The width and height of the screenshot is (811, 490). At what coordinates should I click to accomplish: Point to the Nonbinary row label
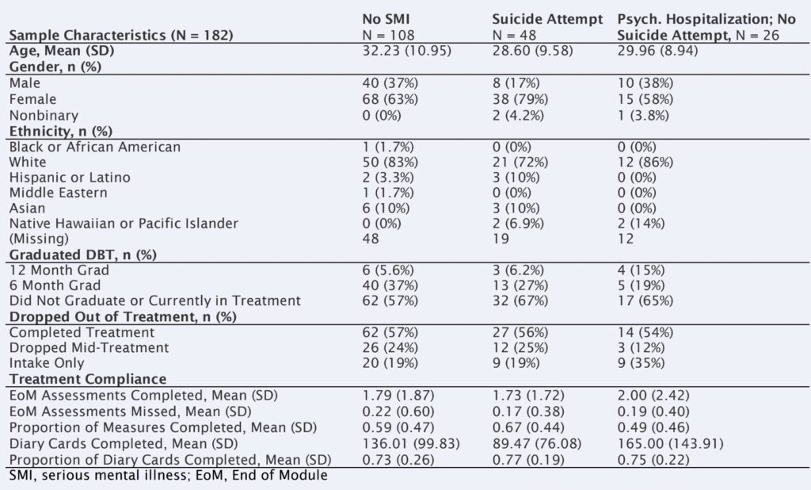39,114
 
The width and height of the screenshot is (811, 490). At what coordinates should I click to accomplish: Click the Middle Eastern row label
58,193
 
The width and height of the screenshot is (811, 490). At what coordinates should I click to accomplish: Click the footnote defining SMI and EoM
168,476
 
